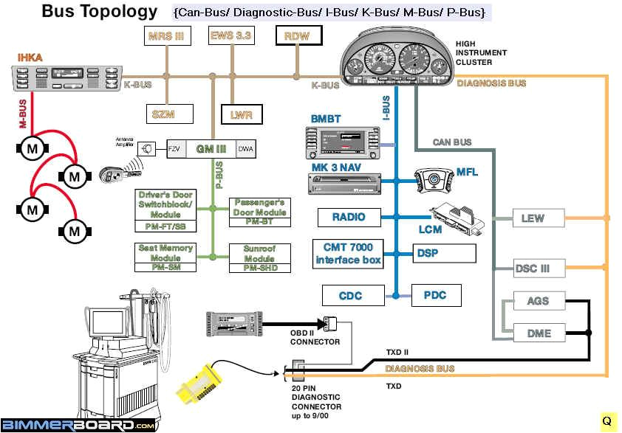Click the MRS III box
[x=166, y=36]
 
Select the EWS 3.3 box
[x=231, y=35]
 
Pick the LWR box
[x=242, y=115]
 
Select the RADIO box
[x=349, y=217]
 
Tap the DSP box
[x=443, y=253]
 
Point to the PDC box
[x=436, y=296]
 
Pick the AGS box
[x=539, y=302]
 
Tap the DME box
[x=539, y=333]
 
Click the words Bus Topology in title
[x=99, y=11]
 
